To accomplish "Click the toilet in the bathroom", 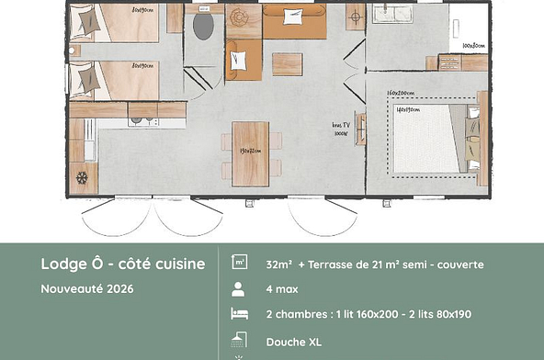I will tap(202, 26).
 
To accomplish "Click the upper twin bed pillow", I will tap(84, 25).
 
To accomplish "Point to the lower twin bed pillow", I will tap(88, 80).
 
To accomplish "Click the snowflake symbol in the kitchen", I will tap(81, 175).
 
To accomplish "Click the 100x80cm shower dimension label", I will tap(473, 45).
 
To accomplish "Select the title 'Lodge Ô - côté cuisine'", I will tap(122, 264).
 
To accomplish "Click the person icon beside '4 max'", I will tap(238, 288).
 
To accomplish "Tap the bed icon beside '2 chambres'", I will tap(238, 314).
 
